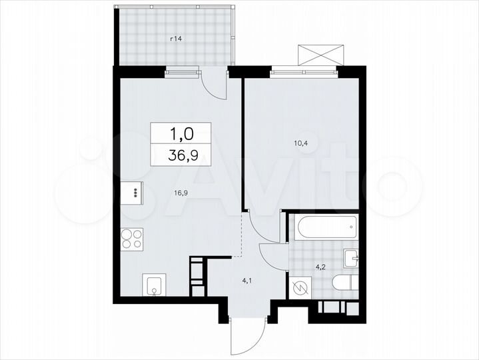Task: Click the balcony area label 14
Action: pyautogui.click(x=176, y=39)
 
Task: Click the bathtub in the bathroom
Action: pyautogui.click(x=323, y=228)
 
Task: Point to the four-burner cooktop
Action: pyautogui.click(x=131, y=239)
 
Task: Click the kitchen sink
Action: pyautogui.click(x=154, y=287)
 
